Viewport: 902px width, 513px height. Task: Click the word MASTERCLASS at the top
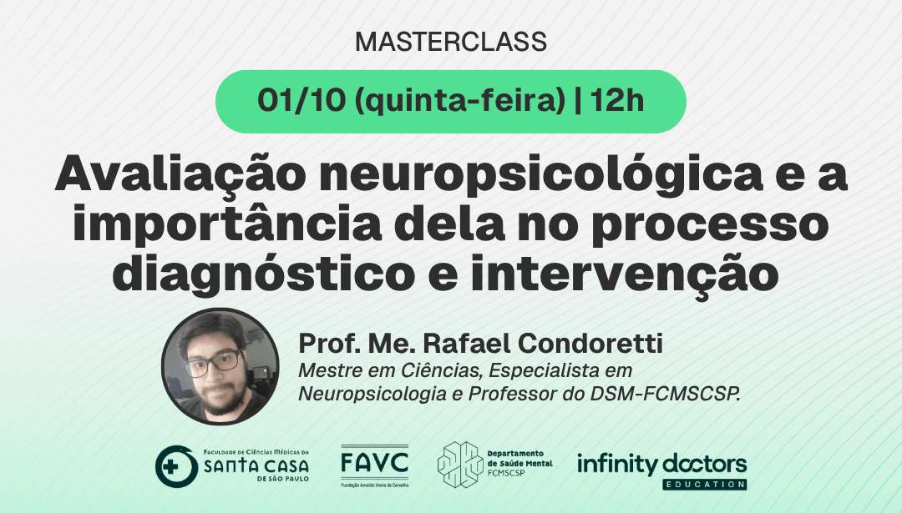[x=451, y=42]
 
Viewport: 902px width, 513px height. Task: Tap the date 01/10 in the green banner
[x=302, y=101]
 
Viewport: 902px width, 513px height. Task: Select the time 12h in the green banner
[x=616, y=101]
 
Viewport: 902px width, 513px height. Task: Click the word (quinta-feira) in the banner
[x=460, y=102]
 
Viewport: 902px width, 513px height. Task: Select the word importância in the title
[x=226, y=224]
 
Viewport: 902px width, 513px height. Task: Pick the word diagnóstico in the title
[x=263, y=274]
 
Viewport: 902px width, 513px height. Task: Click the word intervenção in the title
[x=625, y=275]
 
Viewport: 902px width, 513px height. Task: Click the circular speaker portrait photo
[x=220, y=366]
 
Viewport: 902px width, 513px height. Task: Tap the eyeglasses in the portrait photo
[x=214, y=363]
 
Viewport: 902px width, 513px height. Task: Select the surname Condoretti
[x=590, y=344]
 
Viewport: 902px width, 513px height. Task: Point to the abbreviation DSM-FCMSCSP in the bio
[x=665, y=394]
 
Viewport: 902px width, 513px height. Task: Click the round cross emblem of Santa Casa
[x=176, y=466]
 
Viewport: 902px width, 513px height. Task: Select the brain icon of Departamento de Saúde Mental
[x=460, y=465]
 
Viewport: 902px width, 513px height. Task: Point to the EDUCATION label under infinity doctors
[x=704, y=485]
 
